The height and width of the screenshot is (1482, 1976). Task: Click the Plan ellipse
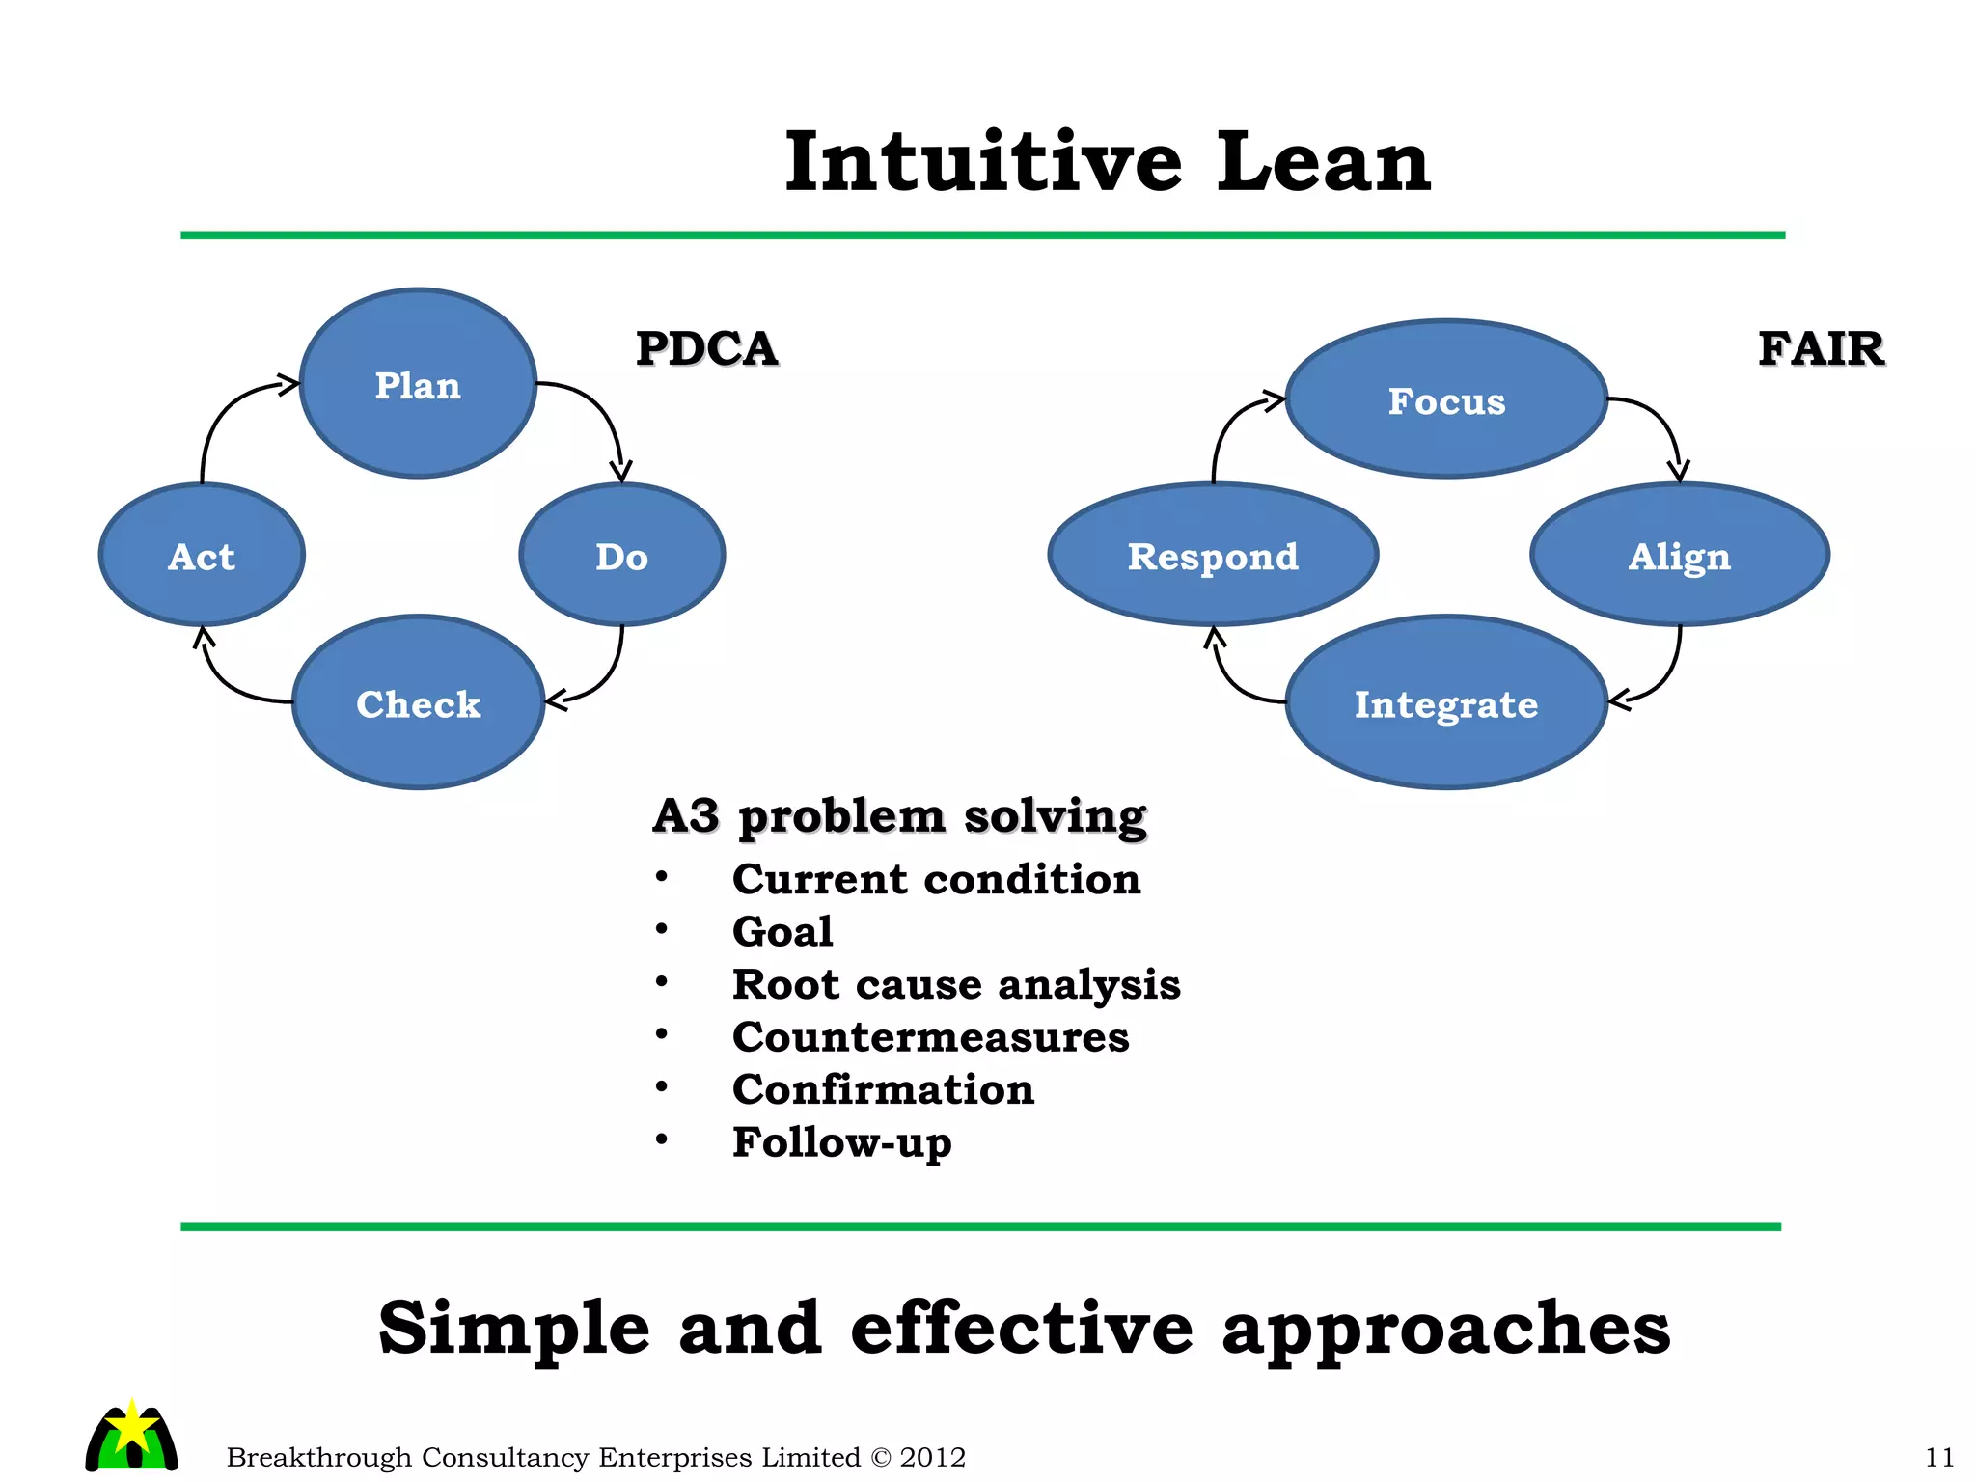pyautogui.click(x=418, y=384)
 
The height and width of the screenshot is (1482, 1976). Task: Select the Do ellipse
pyautogui.click(x=621, y=555)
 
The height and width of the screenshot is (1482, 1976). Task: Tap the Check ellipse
pyautogui.click(x=418, y=702)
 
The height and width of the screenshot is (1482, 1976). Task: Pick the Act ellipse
pyautogui.click(x=202, y=555)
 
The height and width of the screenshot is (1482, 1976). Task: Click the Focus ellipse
pyautogui.click(x=1445, y=399)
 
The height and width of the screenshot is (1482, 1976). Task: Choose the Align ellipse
pyautogui.click(x=1679, y=555)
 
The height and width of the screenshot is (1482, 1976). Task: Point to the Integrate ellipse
pyautogui.click(x=1445, y=702)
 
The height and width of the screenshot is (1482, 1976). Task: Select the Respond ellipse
pyautogui.click(x=1213, y=555)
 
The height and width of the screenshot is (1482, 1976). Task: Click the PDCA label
pyautogui.click(x=706, y=348)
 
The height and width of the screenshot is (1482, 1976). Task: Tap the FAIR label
pyautogui.click(x=1821, y=348)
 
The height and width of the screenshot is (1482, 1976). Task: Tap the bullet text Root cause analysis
pyautogui.click(x=955, y=984)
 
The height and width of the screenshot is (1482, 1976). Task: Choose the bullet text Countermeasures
pyautogui.click(x=930, y=1037)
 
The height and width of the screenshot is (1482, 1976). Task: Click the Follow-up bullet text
pyautogui.click(x=841, y=1142)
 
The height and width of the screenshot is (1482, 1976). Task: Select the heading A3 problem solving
pyautogui.click(x=899, y=816)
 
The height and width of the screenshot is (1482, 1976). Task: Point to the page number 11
pyautogui.click(x=1938, y=1456)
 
